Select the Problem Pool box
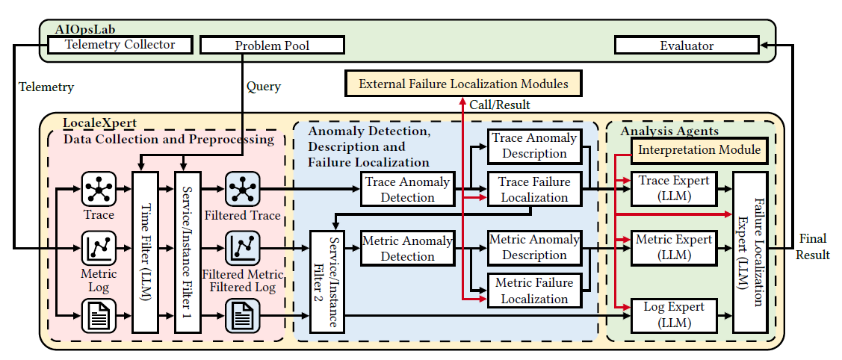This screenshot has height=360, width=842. pyautogui.click(x=272, y=46)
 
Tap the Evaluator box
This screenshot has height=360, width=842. pyautogui.click(x=686, y=46)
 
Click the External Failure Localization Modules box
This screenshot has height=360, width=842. pyautogui.click(x=463, y=84)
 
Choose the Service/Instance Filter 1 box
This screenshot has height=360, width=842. pyautogui.click(x=187, y=251)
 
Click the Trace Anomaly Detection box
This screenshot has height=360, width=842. pyautogui.click(x=407, y=190)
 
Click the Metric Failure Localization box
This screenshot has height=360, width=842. pyautogui.click(x=534, y=291)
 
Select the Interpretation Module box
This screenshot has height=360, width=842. pyautogui.click(x=699, y=150)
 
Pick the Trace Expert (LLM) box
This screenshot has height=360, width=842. pyautogui.click(x=675, y=188)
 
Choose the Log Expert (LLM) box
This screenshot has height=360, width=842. pyautogui.click(x=675, y=315)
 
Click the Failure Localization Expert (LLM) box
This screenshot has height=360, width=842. pyautogui.click(x=751, y=251)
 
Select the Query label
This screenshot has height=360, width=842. pyautogui.click(x=264, y=87)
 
